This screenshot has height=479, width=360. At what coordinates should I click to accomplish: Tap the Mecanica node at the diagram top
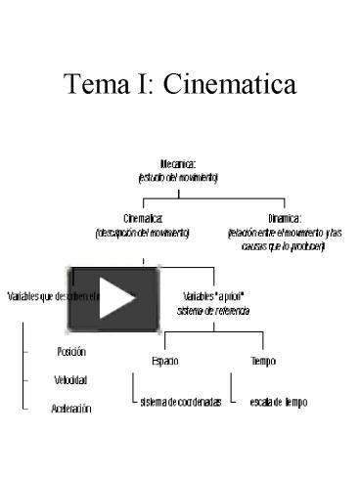pyautogui.click(x=178, y=165)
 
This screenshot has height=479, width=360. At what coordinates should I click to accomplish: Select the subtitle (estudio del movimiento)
pyautogui.click(x=178, y=178)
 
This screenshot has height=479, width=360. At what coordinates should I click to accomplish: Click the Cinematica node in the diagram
pyautogui.click(x=143, y=220)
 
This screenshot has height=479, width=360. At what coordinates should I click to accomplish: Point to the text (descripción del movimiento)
pyautogui.click(x=143, y=233)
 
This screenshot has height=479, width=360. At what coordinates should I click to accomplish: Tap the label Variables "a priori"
pyautogui.click(x=214, y=295)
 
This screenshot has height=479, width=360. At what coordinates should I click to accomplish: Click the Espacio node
pyautogui.click(x=164, y=361)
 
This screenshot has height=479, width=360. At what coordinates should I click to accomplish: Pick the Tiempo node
pyautogui.click(x=263, y=361)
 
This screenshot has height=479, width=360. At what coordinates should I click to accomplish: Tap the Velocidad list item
pyautogui.click(x=71, y=379)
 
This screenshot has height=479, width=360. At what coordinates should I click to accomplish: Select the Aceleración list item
pyautogui.click(x=71, y=409)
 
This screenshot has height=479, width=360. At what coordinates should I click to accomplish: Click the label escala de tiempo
pyautogui.click(x=279, y=402)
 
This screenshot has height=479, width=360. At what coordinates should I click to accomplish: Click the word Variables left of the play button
pyautogui.click(x=24, y=295)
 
